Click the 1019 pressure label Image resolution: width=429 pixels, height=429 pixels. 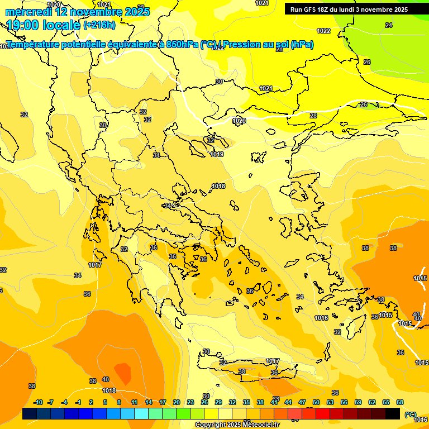[217, 155]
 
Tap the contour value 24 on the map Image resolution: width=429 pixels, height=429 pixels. [389, 25]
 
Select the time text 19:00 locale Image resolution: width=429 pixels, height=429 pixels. [43, 25]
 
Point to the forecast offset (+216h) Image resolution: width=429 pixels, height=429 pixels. [99, 25]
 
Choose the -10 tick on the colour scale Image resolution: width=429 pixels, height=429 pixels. [38, 403]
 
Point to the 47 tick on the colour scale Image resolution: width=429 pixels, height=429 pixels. [302, 403]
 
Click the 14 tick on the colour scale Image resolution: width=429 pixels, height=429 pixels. [149, 403]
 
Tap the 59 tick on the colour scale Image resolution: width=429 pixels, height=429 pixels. [357, 403]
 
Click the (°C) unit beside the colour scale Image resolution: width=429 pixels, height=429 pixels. [410, 415]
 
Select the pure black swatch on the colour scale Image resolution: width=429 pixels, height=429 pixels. [393, 414]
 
